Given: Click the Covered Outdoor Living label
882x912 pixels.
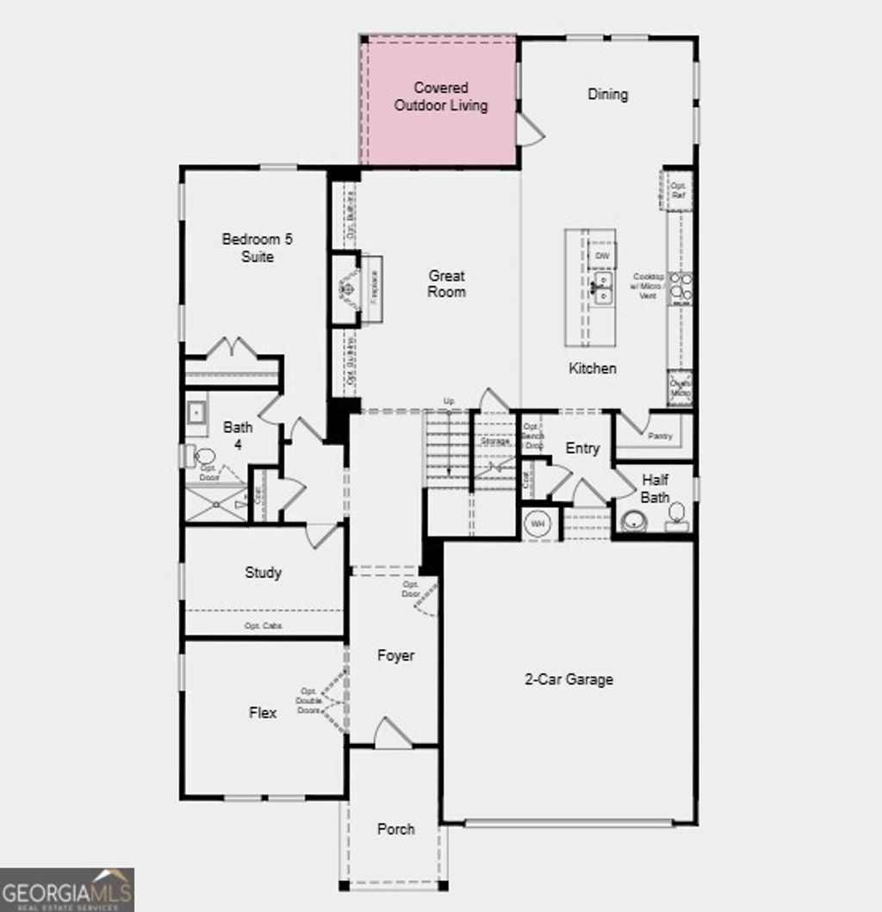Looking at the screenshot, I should pyautogui.click(x=440, y=96).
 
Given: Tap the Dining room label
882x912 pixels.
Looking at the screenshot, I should pyautogui.click(x=607, y=94).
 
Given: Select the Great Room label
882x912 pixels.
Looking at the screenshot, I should pyautogui.click(x=446, y=283).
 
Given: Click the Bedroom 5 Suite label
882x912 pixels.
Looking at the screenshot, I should pyautogui.click(x=257, y=248).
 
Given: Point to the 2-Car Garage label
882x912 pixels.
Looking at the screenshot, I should pyautogui.click(x=568, y=679).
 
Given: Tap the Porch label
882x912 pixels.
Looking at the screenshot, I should pyautogui.click(x=395, y=828).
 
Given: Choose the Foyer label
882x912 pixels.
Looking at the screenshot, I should pyautogui.click(x=395, y=655).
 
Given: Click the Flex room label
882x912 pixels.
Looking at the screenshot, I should pyautogui.click(x=263, y=712).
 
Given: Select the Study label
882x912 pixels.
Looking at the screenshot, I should pyautogui.click(x=263, y=572).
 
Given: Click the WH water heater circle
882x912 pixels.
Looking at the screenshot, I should pyautogui.click(x=538, y=523).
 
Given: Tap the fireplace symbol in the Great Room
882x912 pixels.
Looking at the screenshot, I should pyautogui.click(x=347, y=287).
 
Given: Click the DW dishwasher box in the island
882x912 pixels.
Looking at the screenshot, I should pyautogui.click(x=602, y=256).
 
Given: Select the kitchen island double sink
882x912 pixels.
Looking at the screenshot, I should pyautogui.click(x=602, y=288).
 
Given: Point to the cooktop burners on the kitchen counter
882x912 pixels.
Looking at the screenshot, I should pyautogui.click(x=680, y=287).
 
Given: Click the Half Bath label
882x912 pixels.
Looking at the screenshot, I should pyautogui.click(x=655, y=488).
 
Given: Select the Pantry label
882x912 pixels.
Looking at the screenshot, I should pyautogui.click(x=660, y=437).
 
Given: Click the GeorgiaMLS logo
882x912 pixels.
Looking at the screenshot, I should pyautogui.click(x=67, y=889).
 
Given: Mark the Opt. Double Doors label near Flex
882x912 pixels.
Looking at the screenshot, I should pyautogui.click(x=308, y=700).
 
